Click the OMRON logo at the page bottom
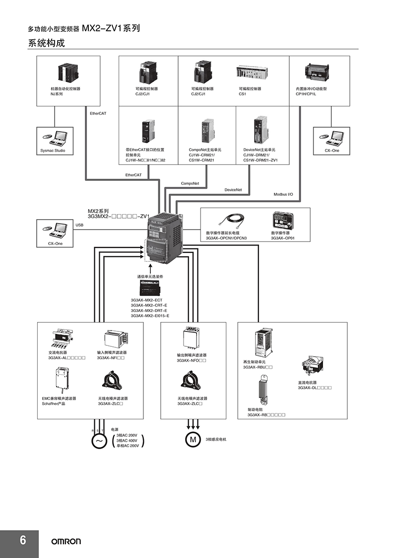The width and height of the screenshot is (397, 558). point(66,541)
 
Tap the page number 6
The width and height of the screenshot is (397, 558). point(23,540)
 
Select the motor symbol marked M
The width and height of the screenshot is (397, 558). point(193,440)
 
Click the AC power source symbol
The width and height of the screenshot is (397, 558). point(99,441)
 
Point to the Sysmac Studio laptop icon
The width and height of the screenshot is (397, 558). point(55,139)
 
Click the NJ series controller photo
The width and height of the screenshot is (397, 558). point(68,73)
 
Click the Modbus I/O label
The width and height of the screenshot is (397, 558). point(283,194)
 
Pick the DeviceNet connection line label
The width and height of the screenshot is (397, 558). point(233,190)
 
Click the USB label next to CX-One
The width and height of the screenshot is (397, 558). point(79,225)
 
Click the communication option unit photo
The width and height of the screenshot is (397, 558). point(151,288)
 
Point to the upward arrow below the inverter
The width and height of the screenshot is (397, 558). point(150,268)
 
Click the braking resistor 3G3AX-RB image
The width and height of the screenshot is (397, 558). point(263,391)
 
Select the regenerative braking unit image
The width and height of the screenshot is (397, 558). point(264,343)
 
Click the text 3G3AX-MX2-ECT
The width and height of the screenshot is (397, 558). point(146,300)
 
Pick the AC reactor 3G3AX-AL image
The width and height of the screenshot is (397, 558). point(62,338)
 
